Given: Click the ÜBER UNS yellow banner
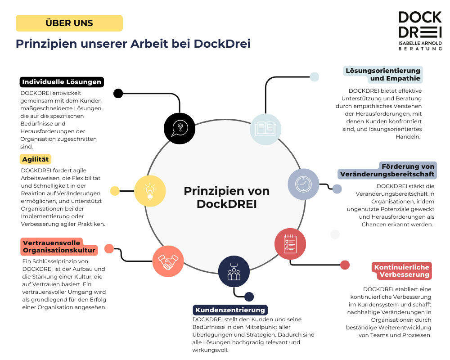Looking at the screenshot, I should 69,23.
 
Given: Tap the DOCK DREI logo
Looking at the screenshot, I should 420,30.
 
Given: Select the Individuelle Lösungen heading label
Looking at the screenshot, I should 62,82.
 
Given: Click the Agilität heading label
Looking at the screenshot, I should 36,159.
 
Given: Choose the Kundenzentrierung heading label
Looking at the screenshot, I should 230,310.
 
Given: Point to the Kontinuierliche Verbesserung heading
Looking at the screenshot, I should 402,271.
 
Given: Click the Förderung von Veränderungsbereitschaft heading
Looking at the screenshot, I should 387,170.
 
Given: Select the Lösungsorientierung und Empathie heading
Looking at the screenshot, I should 383,74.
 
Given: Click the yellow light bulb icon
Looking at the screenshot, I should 150,190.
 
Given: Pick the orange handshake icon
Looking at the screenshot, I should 168,261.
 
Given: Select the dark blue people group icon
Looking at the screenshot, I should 234,271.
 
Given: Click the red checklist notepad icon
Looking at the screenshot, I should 290,244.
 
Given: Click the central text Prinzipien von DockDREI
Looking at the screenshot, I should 226,197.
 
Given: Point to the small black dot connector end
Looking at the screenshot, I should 118,93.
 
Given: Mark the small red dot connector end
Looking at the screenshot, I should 345,265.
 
